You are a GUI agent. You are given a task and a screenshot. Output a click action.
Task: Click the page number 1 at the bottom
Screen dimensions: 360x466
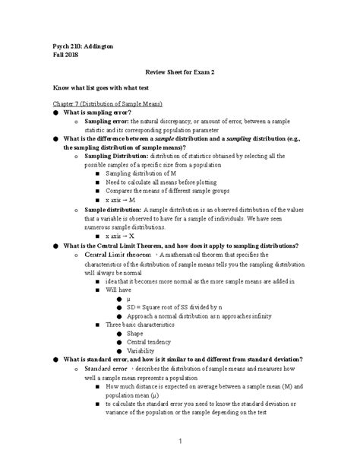click(x=180, y=440)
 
